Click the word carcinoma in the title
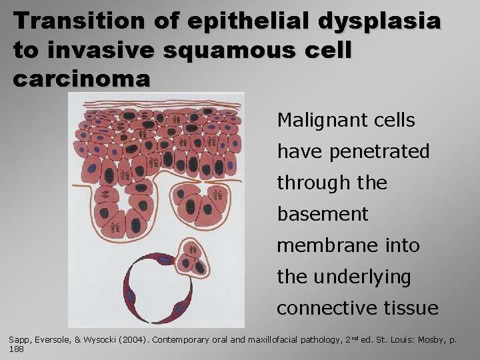(81, 79)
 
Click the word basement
(323, 214)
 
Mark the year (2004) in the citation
(135, 340)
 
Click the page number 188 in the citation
(16, 349)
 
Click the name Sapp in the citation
(19, 340)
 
